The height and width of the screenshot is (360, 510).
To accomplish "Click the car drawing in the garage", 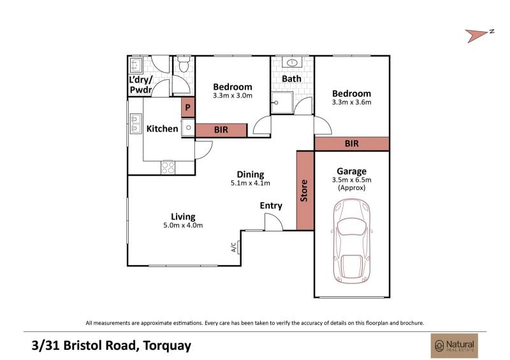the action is tap(352, 241).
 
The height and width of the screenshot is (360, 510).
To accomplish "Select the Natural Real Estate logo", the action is tap(455, 345).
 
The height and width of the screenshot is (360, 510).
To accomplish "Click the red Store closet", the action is tap(305, 191).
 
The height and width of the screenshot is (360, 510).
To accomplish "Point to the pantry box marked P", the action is tap(187, 107).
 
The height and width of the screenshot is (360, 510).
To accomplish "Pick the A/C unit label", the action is tap(233, 247).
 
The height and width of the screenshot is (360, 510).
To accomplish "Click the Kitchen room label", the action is tap(162, 129).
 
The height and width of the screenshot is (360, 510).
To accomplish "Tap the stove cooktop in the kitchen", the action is tap(168, 168).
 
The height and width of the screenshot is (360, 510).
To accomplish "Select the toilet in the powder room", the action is tap(184, 64).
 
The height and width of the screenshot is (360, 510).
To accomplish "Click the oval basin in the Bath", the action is tap(293, 62).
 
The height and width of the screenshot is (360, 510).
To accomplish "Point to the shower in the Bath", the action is tap(282, 103).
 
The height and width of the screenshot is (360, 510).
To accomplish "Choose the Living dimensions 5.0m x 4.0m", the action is tap(183, 225).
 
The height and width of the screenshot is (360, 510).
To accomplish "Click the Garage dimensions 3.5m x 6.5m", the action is tap(352, 180).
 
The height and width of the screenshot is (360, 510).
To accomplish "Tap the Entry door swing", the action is tap(273, 222).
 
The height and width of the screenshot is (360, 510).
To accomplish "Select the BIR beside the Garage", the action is tap(352, 143).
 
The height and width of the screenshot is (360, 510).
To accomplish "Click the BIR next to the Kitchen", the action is tap(221, 130).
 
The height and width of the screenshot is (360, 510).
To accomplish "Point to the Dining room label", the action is tap(250, 175).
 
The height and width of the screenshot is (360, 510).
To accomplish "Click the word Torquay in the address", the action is tap(167, 346).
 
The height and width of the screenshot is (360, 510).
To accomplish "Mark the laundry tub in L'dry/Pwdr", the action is tap(136, 65).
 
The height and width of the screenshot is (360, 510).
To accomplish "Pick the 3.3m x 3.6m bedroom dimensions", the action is tap(352, 102).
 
